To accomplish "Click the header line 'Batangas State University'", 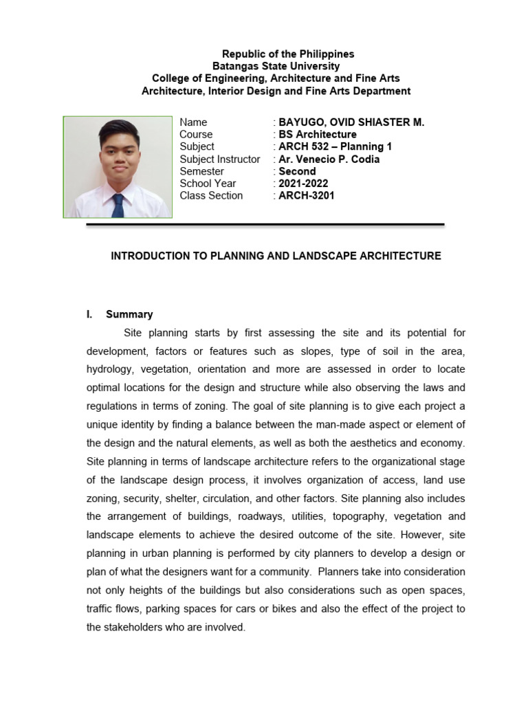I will click(x=276, y=66).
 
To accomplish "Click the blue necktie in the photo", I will click(x=118, y=205).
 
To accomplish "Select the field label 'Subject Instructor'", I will click(x=219, y=159).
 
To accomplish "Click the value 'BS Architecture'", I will click(x=317, y=134).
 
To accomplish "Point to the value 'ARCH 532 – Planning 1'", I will click(x=335, y=146).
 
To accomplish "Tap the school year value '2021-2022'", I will click(x=303, y=184).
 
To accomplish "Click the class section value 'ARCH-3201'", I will click(x=307, y=196).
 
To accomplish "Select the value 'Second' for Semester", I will click(x=297, y=171).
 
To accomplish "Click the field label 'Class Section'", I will click(x=211, y=196).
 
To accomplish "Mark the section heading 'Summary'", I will click(x=129, y=314).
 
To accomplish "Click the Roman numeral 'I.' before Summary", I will click(x=89, y=314).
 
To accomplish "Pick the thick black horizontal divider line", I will click(x=265, y=224).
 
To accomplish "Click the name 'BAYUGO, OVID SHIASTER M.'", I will click(x=351, y=122).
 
